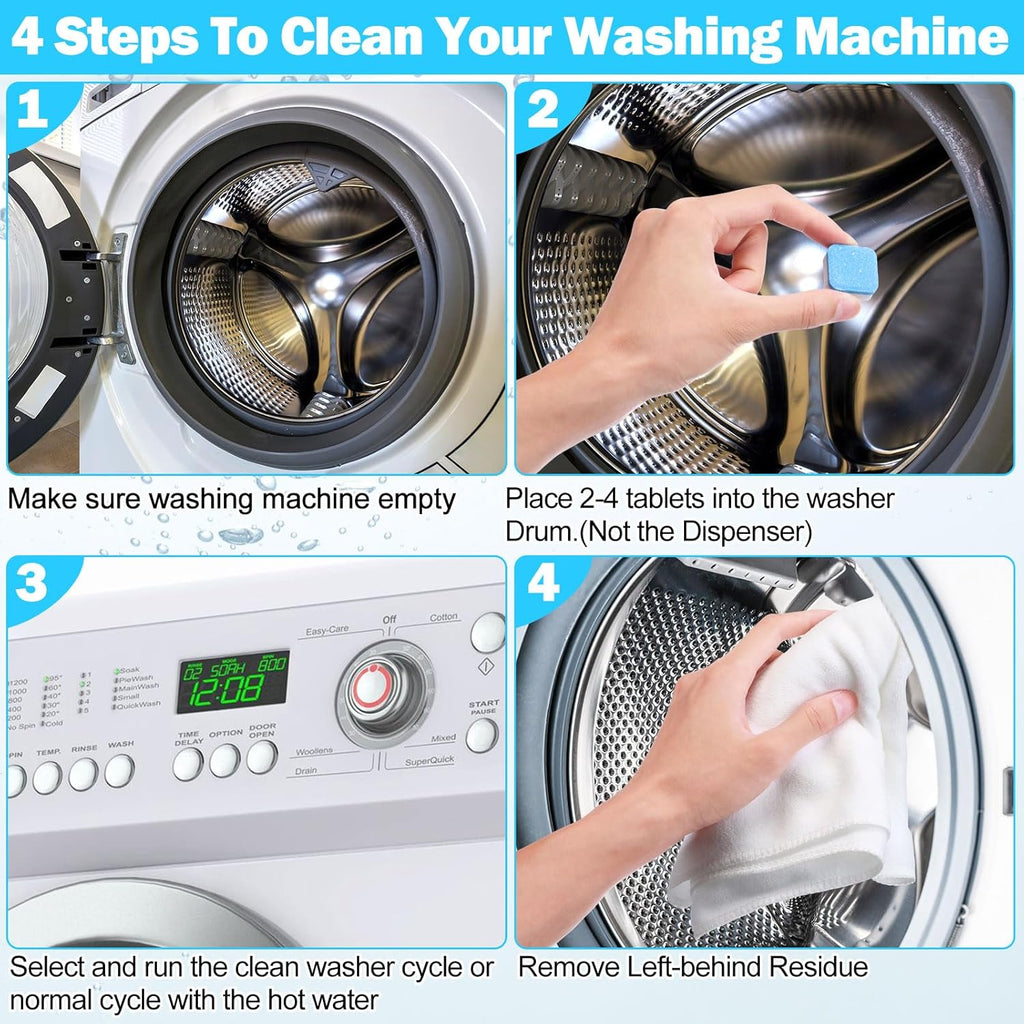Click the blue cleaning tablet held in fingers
click(851, 268)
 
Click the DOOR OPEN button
click(261, 758)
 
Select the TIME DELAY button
click(187, 764)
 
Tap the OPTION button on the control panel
click(225, 761)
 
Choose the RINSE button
click(83, 773)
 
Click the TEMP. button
click(47, 777)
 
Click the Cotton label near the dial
click(444, 618)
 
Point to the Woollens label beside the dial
click(314, 750)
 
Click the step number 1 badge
click(33, 111)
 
